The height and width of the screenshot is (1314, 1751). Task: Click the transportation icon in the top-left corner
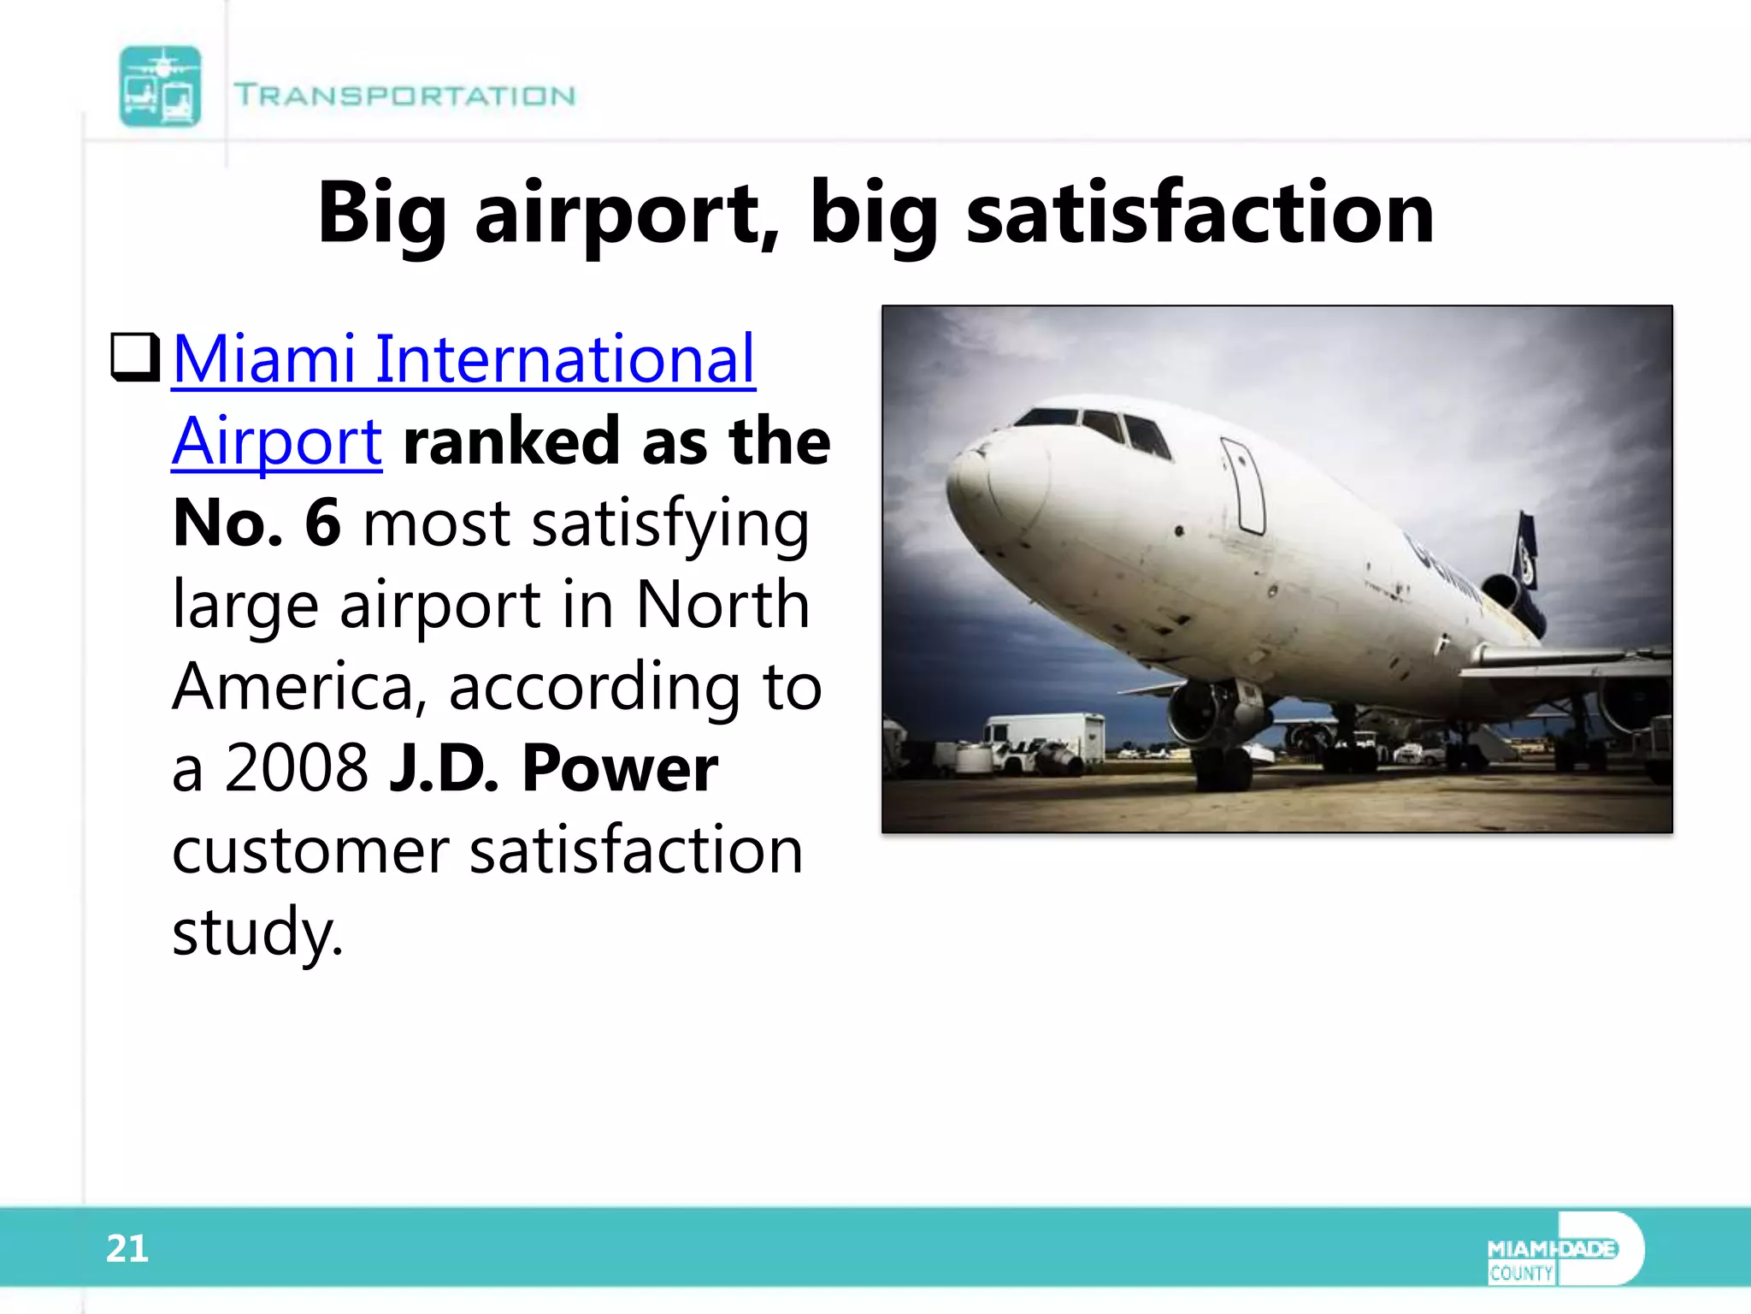click(160, 86)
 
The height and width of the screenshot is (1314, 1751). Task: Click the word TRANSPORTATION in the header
click(404, 95)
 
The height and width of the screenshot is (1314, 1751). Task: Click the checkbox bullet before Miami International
click(135, 358)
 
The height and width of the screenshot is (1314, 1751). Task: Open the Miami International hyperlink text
click(463, 358)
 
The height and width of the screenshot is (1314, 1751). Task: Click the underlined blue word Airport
click(276, 441)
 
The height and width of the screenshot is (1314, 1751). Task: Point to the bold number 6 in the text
click(323, 522)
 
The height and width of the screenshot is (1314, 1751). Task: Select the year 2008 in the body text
click(296, 767)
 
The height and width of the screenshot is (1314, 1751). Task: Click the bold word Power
click(620, 767)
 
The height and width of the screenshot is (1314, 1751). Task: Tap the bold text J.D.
click(443, 767)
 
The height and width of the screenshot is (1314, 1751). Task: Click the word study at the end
click(256, 932)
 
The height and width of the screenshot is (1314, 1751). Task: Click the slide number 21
click(127, 1248)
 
